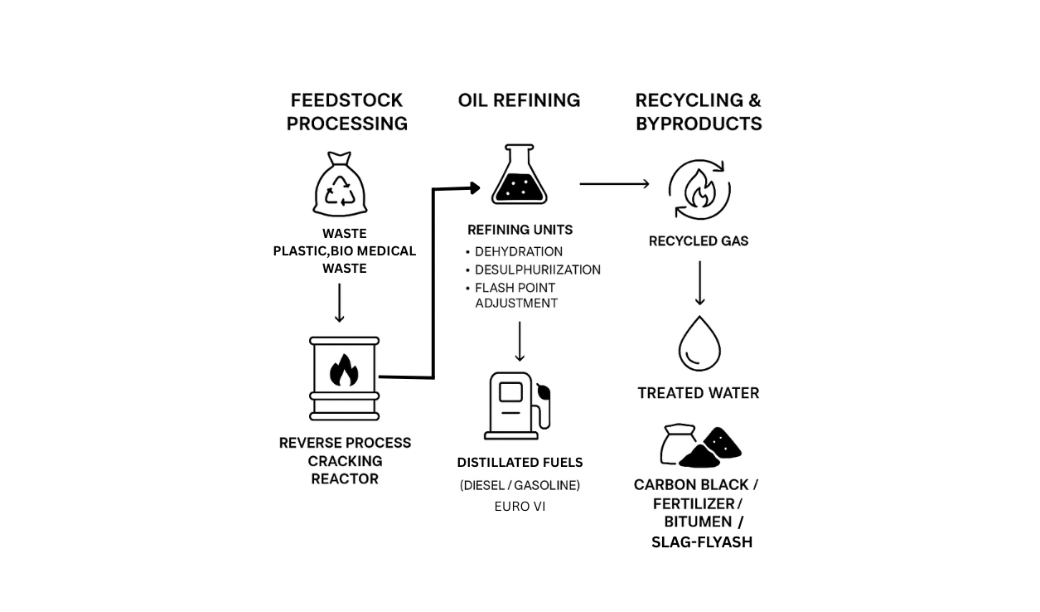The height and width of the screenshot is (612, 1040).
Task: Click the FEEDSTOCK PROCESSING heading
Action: pyautogui.click(x=346, y=112)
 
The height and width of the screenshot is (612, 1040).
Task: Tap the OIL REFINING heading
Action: pyautogui.click(x=519, y=100)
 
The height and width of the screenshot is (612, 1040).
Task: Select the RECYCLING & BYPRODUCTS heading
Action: pyautogui.click(x=698, y=112)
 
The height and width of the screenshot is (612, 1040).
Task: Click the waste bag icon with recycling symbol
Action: pyautogui.click(x=340, y=185)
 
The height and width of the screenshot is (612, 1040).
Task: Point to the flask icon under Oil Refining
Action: pyautogui.click(x=519, y=175)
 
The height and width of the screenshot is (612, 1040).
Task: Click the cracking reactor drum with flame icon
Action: pyautogui.click(x=344, y=378)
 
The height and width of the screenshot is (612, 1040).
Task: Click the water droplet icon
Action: pyautogui.click(x=699, y=343)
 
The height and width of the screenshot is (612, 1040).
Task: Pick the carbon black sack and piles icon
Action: pyautogui.click(x=699, y=446)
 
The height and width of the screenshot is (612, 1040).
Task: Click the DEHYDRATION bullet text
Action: pyautogui.click(x=519, y=251)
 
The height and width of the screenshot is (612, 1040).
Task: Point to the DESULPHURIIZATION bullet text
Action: pyautogui.click(x=537, y=270)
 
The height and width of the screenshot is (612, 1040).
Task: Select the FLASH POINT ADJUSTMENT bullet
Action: pyautogui.click(x=515, y=295)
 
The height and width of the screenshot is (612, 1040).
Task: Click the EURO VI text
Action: pyautogui.click(x=520, y=506)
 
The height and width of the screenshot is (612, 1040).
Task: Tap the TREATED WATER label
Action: pyautogui.click(x=698, y=393)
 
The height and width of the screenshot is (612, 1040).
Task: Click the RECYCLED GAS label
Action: pyautogui.click(x=698, y=241)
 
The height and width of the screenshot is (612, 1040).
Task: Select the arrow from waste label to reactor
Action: pyautogui.click(x=339, y=303)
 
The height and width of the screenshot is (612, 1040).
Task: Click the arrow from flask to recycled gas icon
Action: pyautogui.click(x=614, y=183)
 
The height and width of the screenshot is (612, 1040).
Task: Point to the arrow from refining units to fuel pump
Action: pyautogui.click(x=520, y=342)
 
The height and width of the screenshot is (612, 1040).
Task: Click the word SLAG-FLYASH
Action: pyautogui.click(x=701, y=542)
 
